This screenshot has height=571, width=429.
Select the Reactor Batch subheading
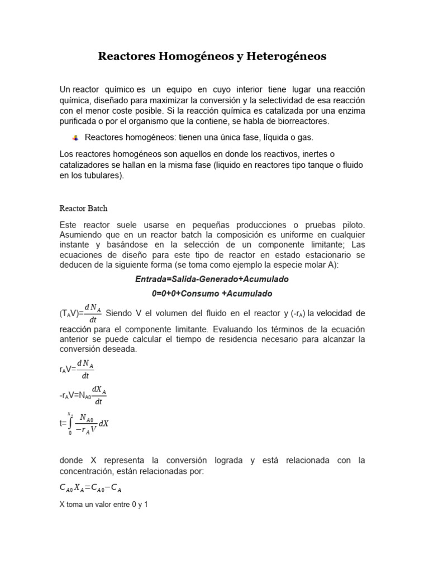point(83,208)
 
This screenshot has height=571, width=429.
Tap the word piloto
point(351,224)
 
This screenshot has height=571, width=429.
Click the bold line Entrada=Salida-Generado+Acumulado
point(212,278)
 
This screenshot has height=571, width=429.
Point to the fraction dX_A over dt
point(99,395)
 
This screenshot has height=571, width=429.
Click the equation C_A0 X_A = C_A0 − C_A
point(90,488)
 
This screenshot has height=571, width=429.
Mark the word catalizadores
point(86,164)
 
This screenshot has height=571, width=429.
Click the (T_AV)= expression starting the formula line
point(71,313)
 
